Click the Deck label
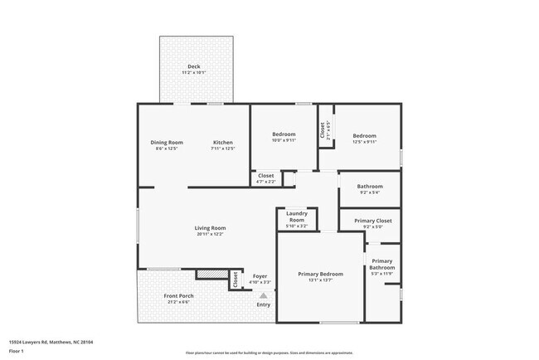(x=193, y=66)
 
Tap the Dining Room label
(x=167, y=142)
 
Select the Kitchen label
(x=223, y=142)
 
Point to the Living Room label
(x=211, y=228)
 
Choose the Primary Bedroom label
(x=320, y=274)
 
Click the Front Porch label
(x=178, y=296)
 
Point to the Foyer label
(x=260, y=275)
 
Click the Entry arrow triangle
(x=264, y=294)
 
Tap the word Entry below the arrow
(x=264, y=304)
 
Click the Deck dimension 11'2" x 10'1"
(x=193, y=73)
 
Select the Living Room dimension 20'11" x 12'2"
(x=211, y=235)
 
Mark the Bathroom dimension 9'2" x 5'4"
(x=370, y=192)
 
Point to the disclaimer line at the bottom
(x=269, y=353)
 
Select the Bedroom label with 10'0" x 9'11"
(x=284, y=135)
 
